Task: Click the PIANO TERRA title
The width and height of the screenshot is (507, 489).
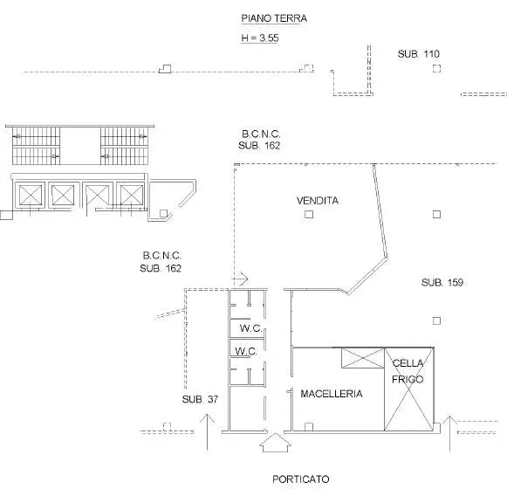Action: pyautogui.click(x=274, y=18)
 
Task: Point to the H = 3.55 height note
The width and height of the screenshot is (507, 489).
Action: pyautogui.click(x=260, y=38)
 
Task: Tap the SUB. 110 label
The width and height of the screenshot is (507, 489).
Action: pyautogui.click(x=418, y=54)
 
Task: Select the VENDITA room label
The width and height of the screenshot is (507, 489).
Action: pyautogui.click(x=318, y=201)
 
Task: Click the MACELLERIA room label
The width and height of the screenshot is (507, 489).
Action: pyautogui.click(x=332, y=394)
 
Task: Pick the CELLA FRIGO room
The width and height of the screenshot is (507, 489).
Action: pyautogui.click(x=408, y=389)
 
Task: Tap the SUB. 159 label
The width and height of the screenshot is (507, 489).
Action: pyautogui.click(x=442, y=282)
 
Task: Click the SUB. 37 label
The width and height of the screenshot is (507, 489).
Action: pyautogui.click(x=200, y=399)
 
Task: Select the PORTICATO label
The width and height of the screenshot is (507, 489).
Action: pyautogui.click(x=301, y=479)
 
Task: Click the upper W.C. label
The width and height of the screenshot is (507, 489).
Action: pyautogui.click(x=251, y=328)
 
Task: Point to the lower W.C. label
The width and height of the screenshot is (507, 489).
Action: pyautogui.click(x=246, y=351)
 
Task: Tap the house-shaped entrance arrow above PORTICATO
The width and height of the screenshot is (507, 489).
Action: pyautogui.click(x=275, y=443)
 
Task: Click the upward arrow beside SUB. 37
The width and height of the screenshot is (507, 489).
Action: pyautogui.click(x=208, y=432)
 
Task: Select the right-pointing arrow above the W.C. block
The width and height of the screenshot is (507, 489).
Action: pyautogui.click(x=240, y=279)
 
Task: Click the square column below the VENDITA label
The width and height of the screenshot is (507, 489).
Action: pyautogui.click(x=309, y=214)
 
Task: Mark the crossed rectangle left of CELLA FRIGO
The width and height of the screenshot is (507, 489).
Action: pyautogui.click(x=363, y=358)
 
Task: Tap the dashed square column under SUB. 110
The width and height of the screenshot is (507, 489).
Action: pyautogui.click(x=436, y=69)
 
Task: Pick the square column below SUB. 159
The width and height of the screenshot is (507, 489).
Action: pyautogui.click(x=436, y=320)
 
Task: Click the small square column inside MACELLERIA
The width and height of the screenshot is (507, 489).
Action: pyautogui.click(x=309, y=427)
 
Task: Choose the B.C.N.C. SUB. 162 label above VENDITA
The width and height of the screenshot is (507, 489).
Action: pyautogui.click(x=259, y=140)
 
